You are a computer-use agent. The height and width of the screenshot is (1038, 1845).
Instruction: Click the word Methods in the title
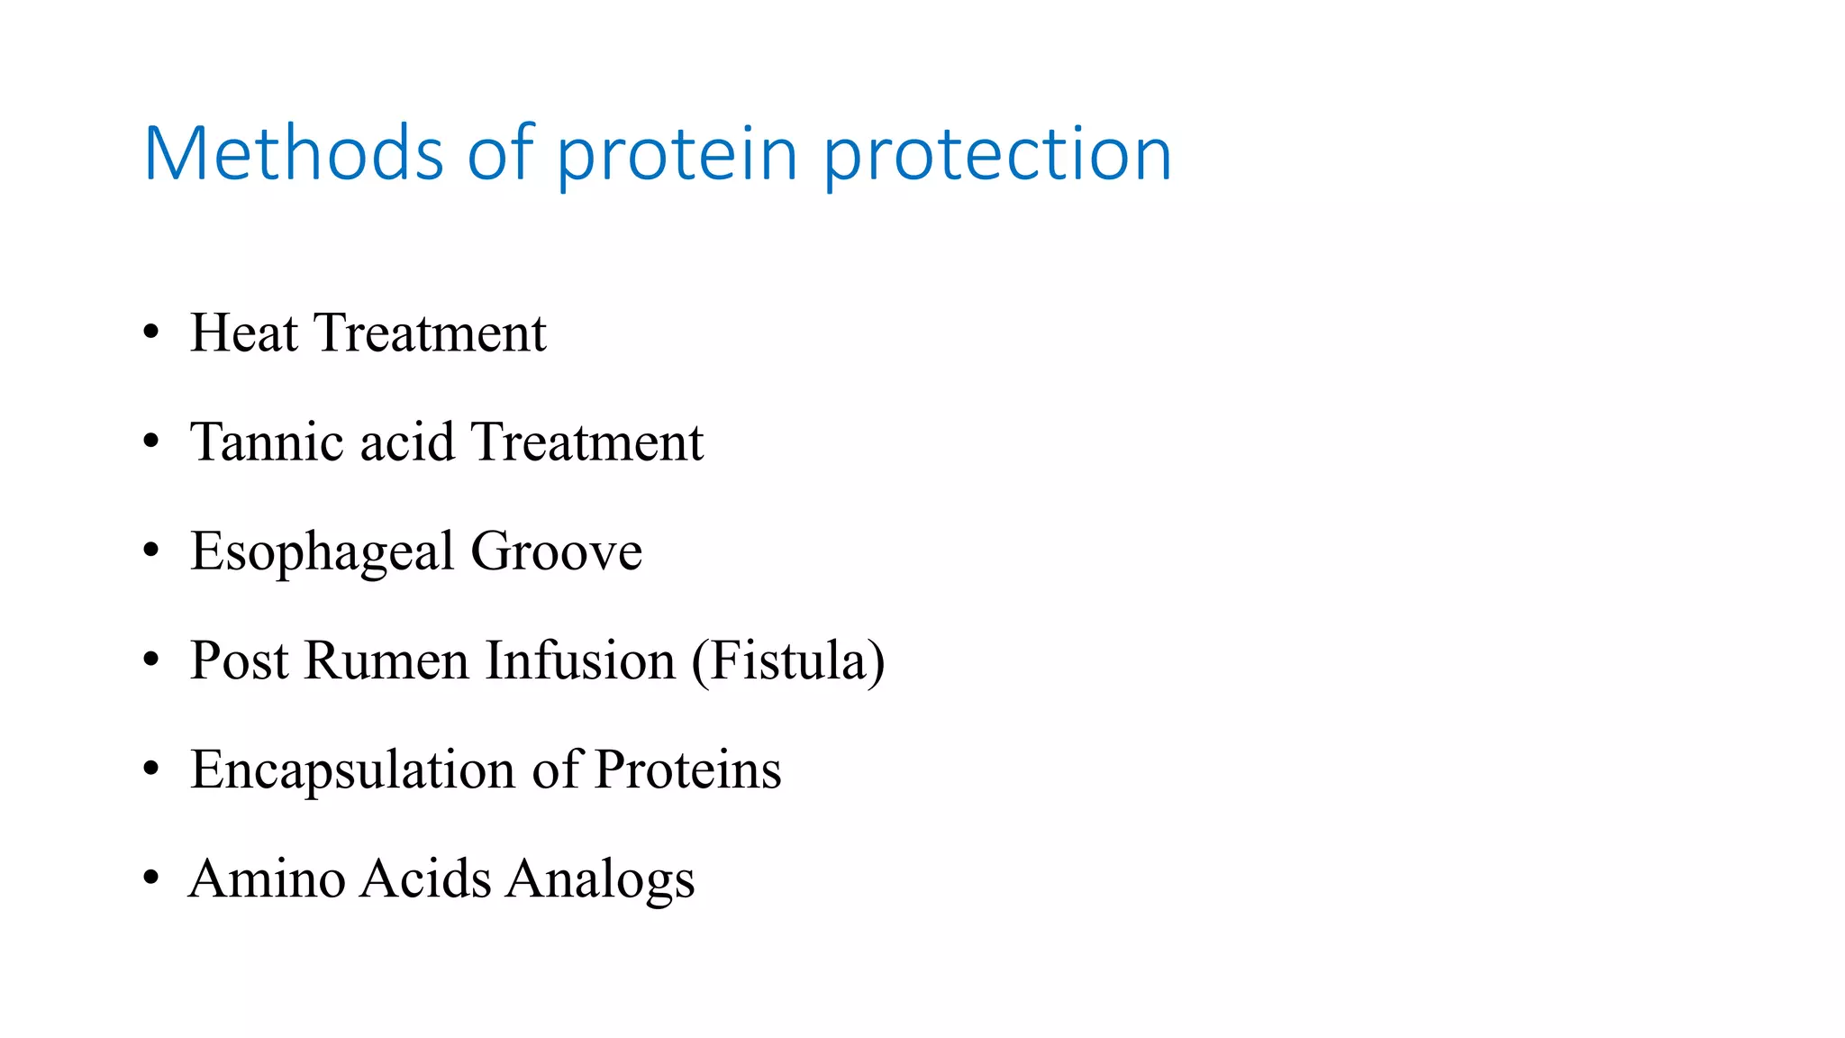[x=294, y=154]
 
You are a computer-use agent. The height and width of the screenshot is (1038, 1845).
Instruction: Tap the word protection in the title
[x=997, y=154]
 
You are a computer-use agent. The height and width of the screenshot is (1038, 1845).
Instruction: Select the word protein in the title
[x=677, y=154]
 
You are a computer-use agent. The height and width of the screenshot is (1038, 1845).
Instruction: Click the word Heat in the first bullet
[x=243, y=332]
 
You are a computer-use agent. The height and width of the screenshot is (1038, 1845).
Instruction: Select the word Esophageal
[x=323, y=551]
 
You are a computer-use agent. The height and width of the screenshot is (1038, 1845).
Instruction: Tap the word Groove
[x=556, y=551]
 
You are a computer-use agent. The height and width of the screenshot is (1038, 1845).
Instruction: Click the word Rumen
[x=387, y=660]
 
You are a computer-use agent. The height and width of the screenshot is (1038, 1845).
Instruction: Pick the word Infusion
[x=580, y=660]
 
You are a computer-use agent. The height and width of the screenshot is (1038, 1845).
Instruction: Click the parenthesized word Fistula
[x=788, y=660]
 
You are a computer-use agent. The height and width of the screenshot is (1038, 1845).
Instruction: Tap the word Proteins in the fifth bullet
[x=687, y=770]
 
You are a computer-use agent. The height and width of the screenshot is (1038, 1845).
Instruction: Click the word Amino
[x=267, y=879]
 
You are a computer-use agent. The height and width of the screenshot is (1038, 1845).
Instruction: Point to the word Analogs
[x=599, y=880]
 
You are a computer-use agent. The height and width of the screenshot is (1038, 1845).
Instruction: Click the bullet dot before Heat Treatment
[x=151, y=332]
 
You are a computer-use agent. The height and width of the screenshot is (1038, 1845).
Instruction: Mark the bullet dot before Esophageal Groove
[x=151, y=551]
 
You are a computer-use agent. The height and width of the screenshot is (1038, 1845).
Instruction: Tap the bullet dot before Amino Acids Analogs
[x=151, y=879]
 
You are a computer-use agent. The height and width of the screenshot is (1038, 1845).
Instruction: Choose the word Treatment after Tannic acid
[x=586, y=442]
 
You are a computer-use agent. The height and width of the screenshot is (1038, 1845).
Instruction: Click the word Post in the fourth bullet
[x=240, y=660]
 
